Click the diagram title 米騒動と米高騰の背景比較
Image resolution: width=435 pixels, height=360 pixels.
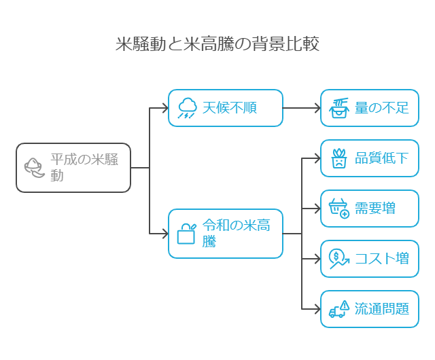point(217,45)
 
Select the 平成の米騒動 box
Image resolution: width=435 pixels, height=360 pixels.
point(73,168)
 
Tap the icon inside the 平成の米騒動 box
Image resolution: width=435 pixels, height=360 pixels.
point(33,167)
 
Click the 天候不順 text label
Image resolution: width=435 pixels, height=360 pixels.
point(230,108)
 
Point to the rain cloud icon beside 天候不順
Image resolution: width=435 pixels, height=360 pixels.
point(187,108)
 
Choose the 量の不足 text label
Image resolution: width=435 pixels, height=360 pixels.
point(382,108)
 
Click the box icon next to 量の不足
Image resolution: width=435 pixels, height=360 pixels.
point(338,108)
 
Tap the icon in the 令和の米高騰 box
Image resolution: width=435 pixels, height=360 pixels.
point(186,233)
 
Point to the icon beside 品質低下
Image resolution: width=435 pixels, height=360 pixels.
point(338,158)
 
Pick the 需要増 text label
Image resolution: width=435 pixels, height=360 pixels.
point(375,209)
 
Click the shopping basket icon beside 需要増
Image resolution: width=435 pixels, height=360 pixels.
point(338,209)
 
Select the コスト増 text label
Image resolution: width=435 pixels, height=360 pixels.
point(382,259)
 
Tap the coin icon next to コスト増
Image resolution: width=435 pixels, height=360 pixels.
point(338,259)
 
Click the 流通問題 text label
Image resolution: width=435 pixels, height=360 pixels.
point(382,309)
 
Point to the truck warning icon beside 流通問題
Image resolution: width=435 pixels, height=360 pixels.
point(338,309)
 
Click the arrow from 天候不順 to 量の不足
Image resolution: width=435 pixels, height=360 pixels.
point(301,108)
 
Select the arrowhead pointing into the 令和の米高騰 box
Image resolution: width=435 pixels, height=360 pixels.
point(164,234)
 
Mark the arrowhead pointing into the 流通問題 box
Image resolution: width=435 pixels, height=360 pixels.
point(317,309)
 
